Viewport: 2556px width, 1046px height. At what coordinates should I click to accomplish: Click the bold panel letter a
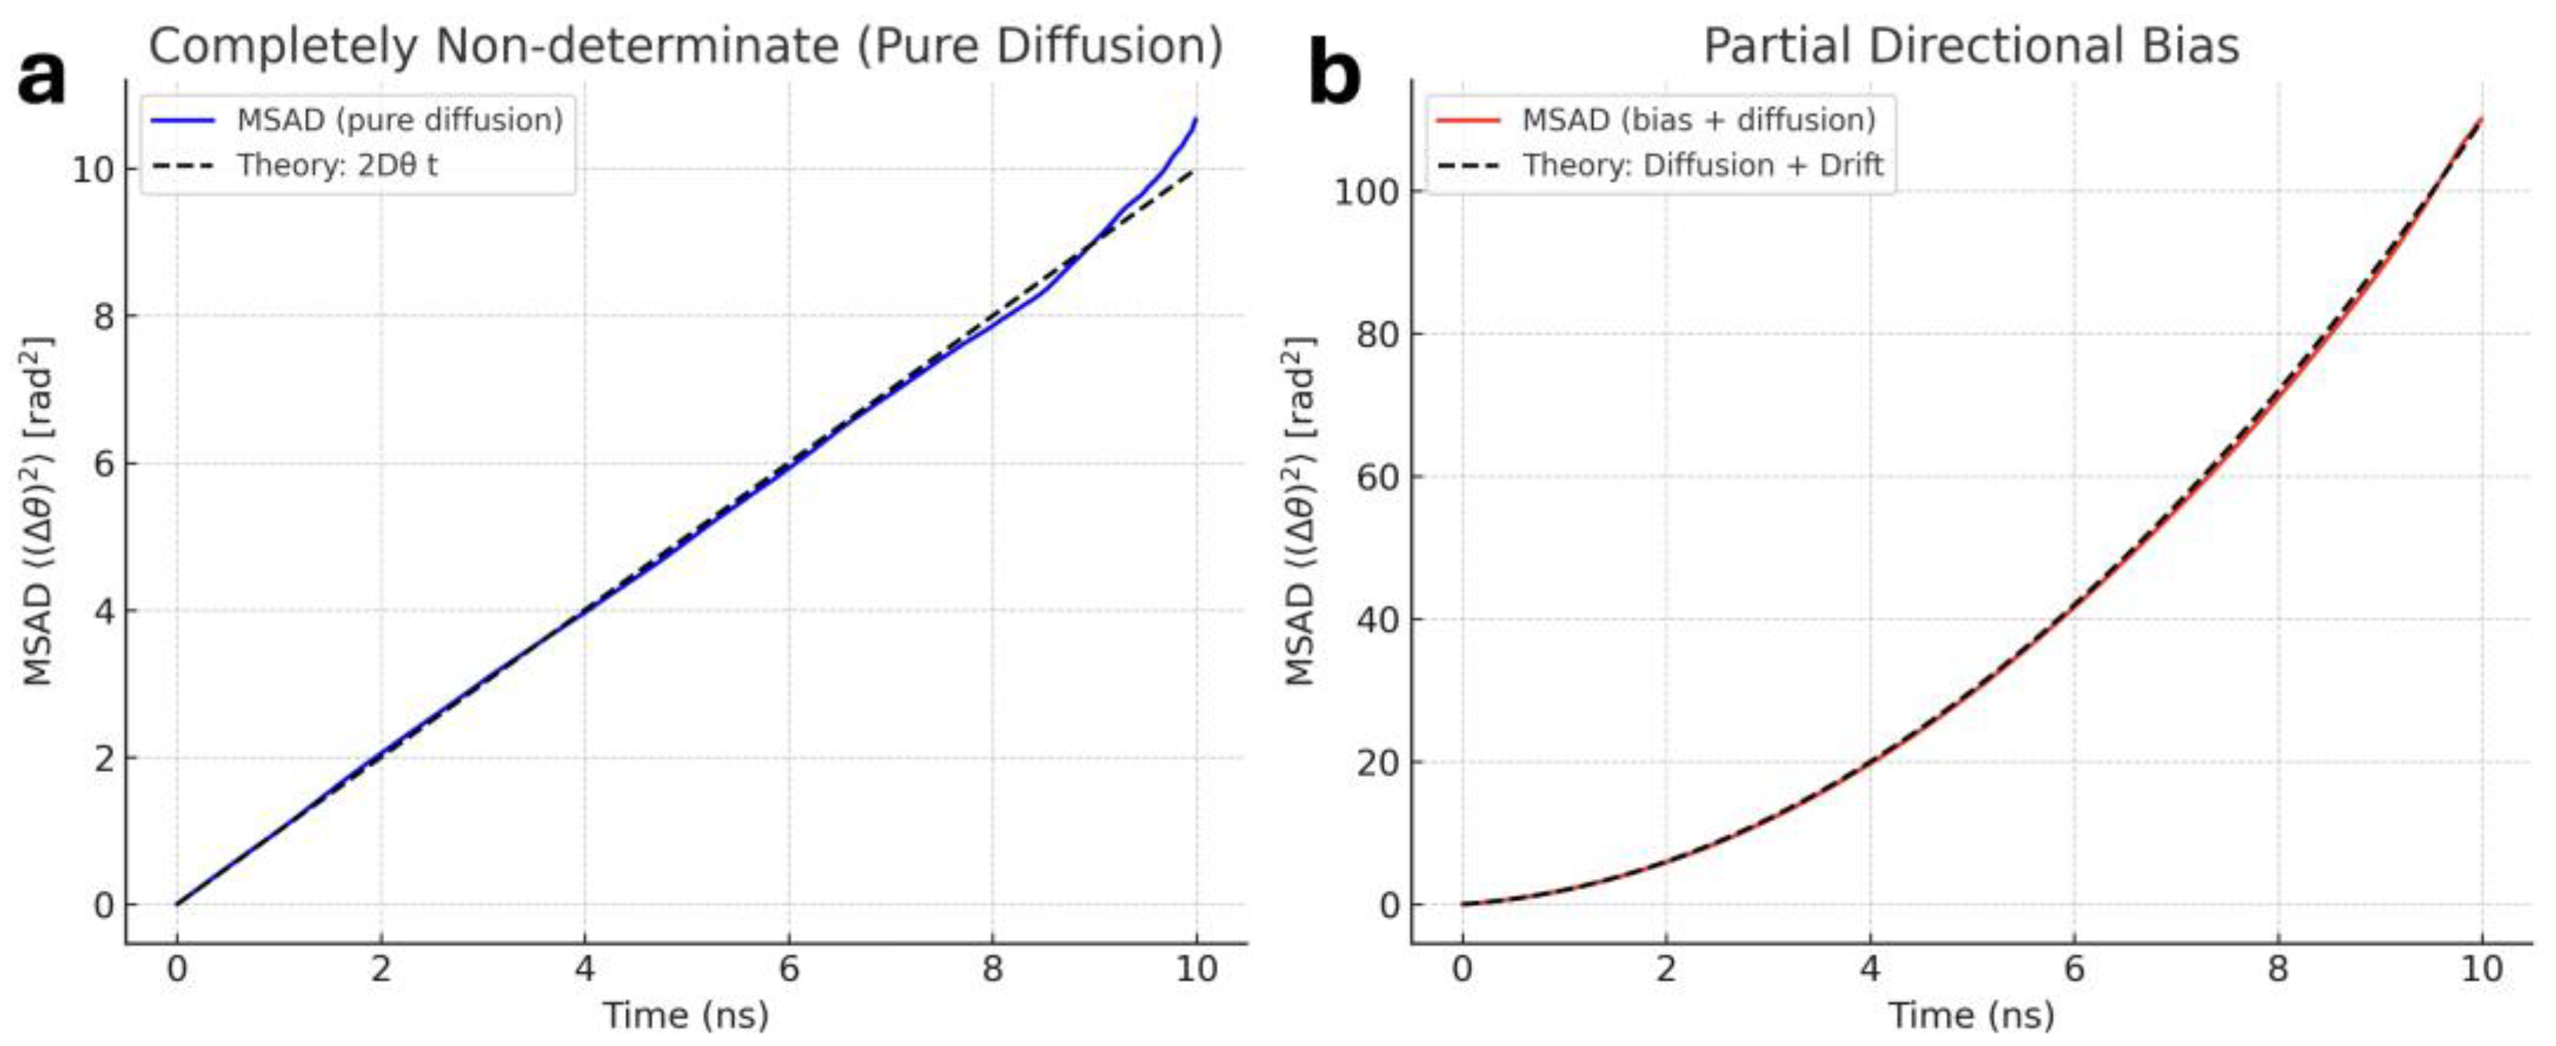[x=42, y=78]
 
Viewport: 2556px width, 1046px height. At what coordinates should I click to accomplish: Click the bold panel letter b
[x=1335, y=75]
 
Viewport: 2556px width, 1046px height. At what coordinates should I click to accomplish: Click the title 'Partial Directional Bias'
[x=1971, y=46]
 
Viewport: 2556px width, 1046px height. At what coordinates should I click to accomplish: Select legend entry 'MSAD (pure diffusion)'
[x=399, y=120]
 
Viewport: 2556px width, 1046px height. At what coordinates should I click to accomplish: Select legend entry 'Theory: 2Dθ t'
[x=336, y=165]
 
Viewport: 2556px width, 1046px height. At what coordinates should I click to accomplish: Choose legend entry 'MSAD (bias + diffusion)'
[x=1698, y=120]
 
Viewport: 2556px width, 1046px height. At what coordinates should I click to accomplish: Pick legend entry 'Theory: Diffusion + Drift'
[x=1703, y=165]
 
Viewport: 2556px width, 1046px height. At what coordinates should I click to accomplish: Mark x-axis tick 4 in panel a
[x=584, y=968]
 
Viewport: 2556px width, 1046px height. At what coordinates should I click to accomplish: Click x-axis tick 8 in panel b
[x=2278, y=968]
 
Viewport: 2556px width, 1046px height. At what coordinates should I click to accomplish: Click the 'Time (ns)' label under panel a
[x=685, y=1015]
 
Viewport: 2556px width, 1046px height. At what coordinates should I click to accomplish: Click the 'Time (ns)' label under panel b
[x=1971, y=1015]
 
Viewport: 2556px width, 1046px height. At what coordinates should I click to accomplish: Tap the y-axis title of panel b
[x=1300, y=511]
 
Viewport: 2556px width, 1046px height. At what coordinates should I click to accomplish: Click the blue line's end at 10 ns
[x=1195, y=120]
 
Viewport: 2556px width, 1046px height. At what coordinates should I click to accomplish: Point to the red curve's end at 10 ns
[x=2481, y=119]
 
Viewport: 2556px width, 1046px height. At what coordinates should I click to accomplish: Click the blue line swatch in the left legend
[x=184, y=120]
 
